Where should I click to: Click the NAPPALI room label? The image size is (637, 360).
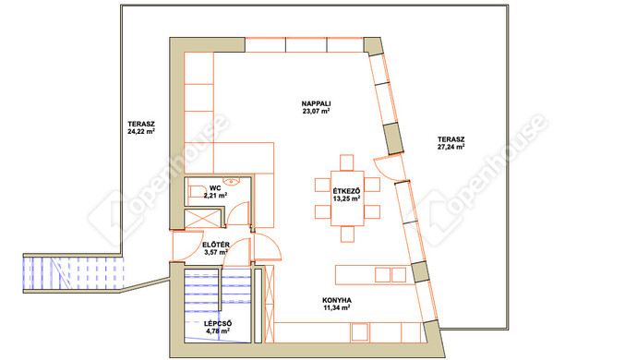click(316, 103)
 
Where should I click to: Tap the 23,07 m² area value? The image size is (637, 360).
click(316, 111)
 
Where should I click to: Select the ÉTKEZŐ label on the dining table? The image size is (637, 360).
click(346, 191)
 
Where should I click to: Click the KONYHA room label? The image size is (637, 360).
click(337, 300)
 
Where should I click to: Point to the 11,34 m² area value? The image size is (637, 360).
click(337, 307)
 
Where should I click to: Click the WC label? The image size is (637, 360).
click(215, 188)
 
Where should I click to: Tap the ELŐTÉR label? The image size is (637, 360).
click(216, 245)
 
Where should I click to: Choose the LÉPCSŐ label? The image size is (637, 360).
click(218, 324)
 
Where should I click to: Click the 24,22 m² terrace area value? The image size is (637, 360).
click(141, 132)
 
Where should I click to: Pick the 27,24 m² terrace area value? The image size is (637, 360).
click(451, 147)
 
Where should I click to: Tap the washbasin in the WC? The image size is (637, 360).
click(232, 180)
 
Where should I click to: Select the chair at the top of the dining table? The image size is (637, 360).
click(347, 162)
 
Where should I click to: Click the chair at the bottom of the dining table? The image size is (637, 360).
click(347, 234)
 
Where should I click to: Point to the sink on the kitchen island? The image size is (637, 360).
click(391, 275)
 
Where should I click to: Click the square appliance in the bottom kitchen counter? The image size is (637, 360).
click(360, 332)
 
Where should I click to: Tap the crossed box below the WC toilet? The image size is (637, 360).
click(202, 218)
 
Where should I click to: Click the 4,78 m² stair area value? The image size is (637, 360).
click(218, 331)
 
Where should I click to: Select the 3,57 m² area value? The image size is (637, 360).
click(216, 252)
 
